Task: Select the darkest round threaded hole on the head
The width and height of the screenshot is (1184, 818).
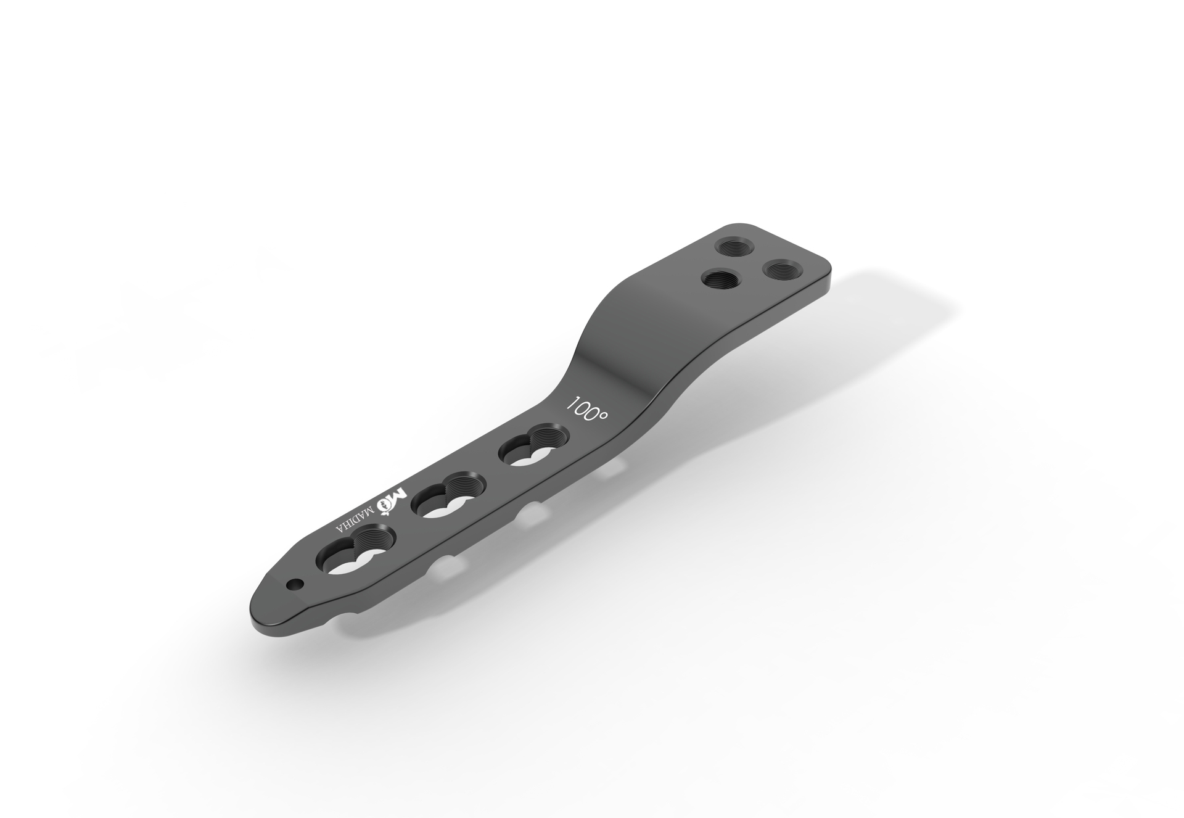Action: point(721,281)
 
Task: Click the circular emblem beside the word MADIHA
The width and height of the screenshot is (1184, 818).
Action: point(386,506)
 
